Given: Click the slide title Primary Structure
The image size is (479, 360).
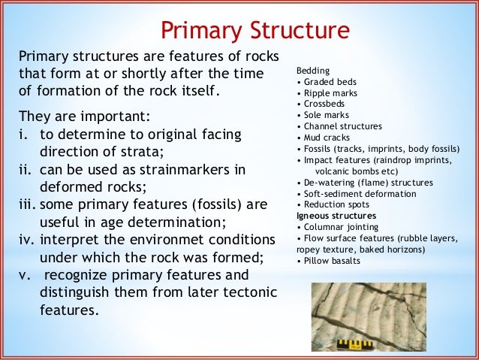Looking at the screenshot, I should [255, 30].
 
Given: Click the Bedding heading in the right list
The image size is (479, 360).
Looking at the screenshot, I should [312, 70].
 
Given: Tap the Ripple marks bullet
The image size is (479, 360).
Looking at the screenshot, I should [330, 92].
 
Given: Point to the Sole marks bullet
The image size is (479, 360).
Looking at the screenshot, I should [324, 115].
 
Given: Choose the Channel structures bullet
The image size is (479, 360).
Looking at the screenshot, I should [339, 126].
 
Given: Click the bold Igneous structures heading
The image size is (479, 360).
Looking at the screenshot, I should [333, 215].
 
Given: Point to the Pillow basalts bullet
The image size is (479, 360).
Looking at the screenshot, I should [329, 261].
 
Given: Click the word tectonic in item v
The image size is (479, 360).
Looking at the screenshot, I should [252, 291].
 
